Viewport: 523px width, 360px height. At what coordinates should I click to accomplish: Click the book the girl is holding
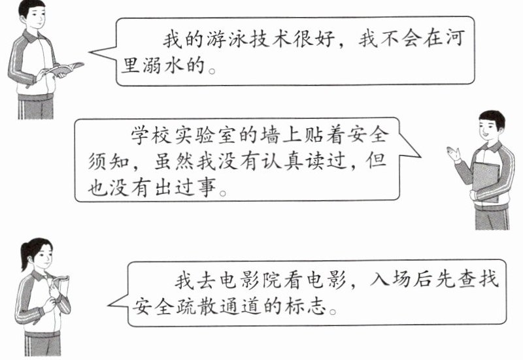(x=59, y=288)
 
